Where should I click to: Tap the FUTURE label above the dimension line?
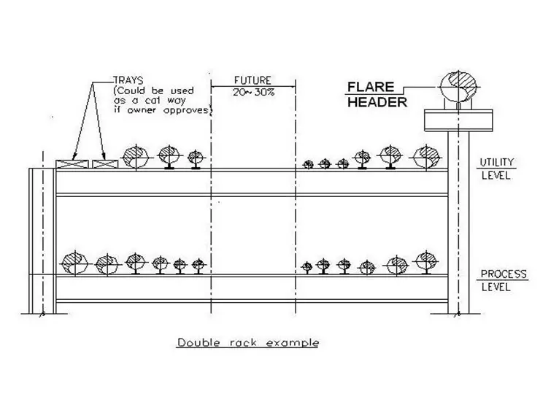tap(252, 80)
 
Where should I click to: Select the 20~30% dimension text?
tap(254, 92)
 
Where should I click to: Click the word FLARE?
tap(371, 87)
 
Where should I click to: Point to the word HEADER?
tap(377, 102)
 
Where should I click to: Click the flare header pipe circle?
tap(458, 86)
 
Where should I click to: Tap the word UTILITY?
tap(497, 163)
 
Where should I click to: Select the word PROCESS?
tap(504, 274)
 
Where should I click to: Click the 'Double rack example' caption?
tap(248, 343)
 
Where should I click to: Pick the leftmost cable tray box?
tap(72, 164)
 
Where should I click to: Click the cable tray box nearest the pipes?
tap(105, 164)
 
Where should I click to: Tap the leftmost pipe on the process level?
tap(75, 263)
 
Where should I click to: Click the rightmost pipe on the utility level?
tap(426, 157)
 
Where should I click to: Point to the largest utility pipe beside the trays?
tap(136, 157)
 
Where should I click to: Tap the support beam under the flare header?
tap(458, 120)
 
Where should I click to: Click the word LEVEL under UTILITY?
tap(496, 175)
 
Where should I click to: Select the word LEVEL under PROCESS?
tap(496, 287)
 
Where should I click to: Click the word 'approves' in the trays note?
tap(186, 111)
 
